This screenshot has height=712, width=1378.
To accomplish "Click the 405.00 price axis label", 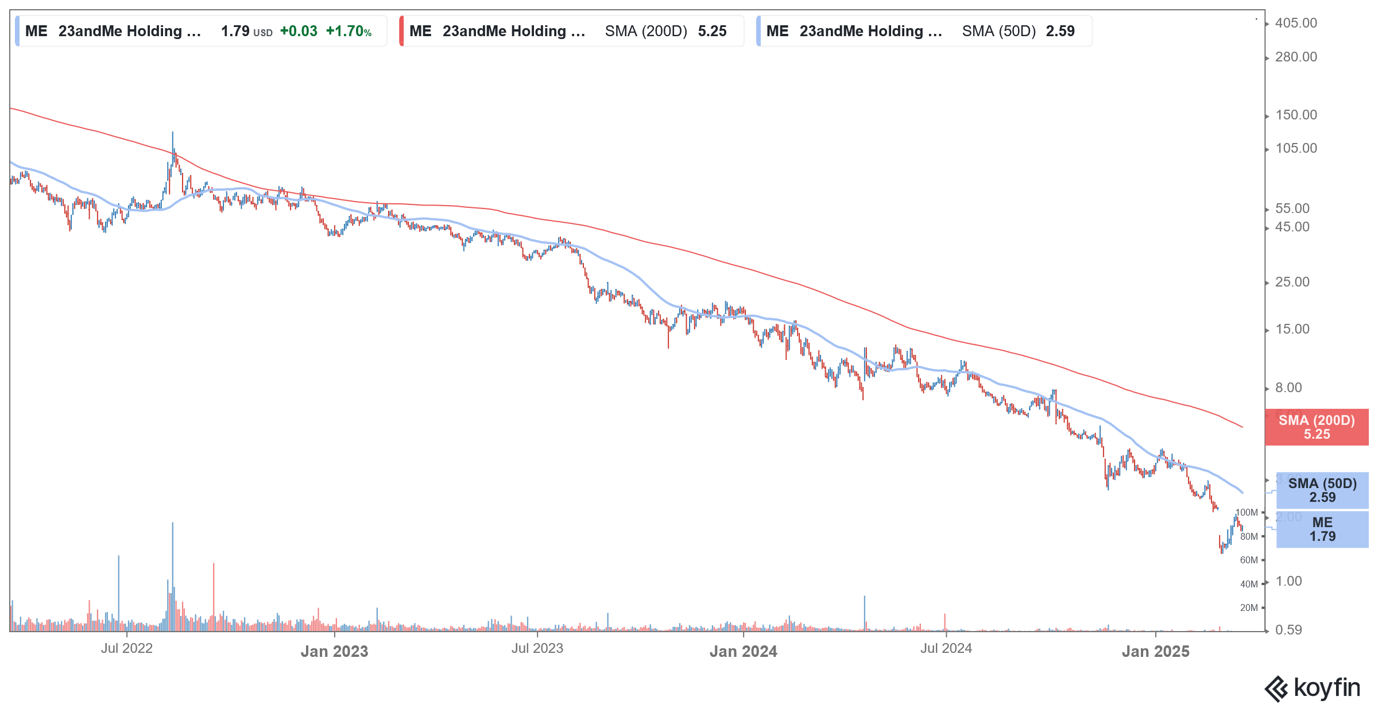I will (1295, 24).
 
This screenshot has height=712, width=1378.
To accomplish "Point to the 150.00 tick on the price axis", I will (1295, 115).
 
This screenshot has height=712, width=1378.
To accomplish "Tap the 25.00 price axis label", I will (1292, 283).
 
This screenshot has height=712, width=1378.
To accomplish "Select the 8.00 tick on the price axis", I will (1288, 388).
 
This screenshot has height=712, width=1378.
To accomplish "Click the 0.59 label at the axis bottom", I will (1288, 630).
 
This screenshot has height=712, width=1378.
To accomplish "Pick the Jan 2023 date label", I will (334, 652).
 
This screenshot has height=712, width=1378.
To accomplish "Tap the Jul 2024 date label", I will (946, 649).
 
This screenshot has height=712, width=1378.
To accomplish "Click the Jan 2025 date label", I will (1155, 652).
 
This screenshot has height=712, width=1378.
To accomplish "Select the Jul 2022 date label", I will (126, 649).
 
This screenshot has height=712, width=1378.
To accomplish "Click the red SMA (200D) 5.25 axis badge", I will (1316, 427).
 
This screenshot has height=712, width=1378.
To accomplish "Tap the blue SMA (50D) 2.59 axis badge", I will (1322, 490).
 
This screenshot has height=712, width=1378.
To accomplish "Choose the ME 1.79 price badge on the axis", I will (1322, 529).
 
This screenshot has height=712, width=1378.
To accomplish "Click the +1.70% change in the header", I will (349, 32).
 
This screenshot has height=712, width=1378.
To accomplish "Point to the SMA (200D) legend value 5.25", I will (712, 32).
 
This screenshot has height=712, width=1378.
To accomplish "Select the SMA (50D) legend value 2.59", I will (1060, 32).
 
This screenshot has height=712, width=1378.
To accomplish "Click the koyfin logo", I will (1313, 688).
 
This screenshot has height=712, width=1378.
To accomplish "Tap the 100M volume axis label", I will (1247, 513).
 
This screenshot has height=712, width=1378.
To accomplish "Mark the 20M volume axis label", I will (1249, 608).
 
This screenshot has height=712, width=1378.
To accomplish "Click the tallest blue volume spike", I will (172, 574).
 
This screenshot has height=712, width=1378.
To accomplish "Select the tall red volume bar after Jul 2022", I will (214, 597).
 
